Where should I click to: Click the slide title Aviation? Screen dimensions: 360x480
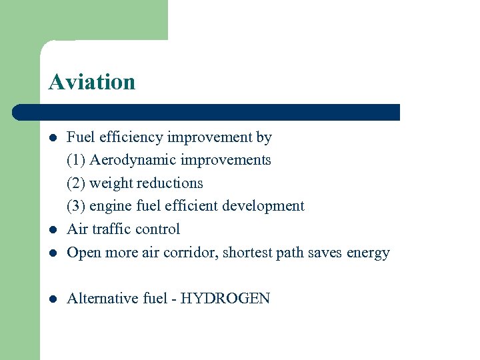point(92,82)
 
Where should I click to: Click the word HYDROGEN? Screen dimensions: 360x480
point(225,298)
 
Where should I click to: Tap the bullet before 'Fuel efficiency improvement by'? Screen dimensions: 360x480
point(53,138)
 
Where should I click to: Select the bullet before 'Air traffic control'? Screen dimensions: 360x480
point(53,230)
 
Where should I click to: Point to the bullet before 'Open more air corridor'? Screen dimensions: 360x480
point(53,253)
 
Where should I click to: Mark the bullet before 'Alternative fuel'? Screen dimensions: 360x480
point(53,299)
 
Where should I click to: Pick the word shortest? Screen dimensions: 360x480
point(249,253)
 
